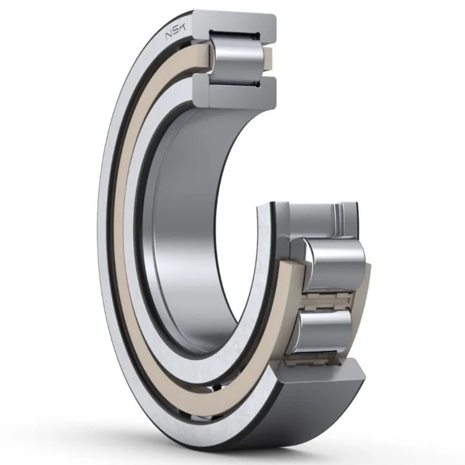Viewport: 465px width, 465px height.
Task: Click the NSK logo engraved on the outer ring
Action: (175, 32)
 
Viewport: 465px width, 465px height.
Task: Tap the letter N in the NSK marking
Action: (169, 36)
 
